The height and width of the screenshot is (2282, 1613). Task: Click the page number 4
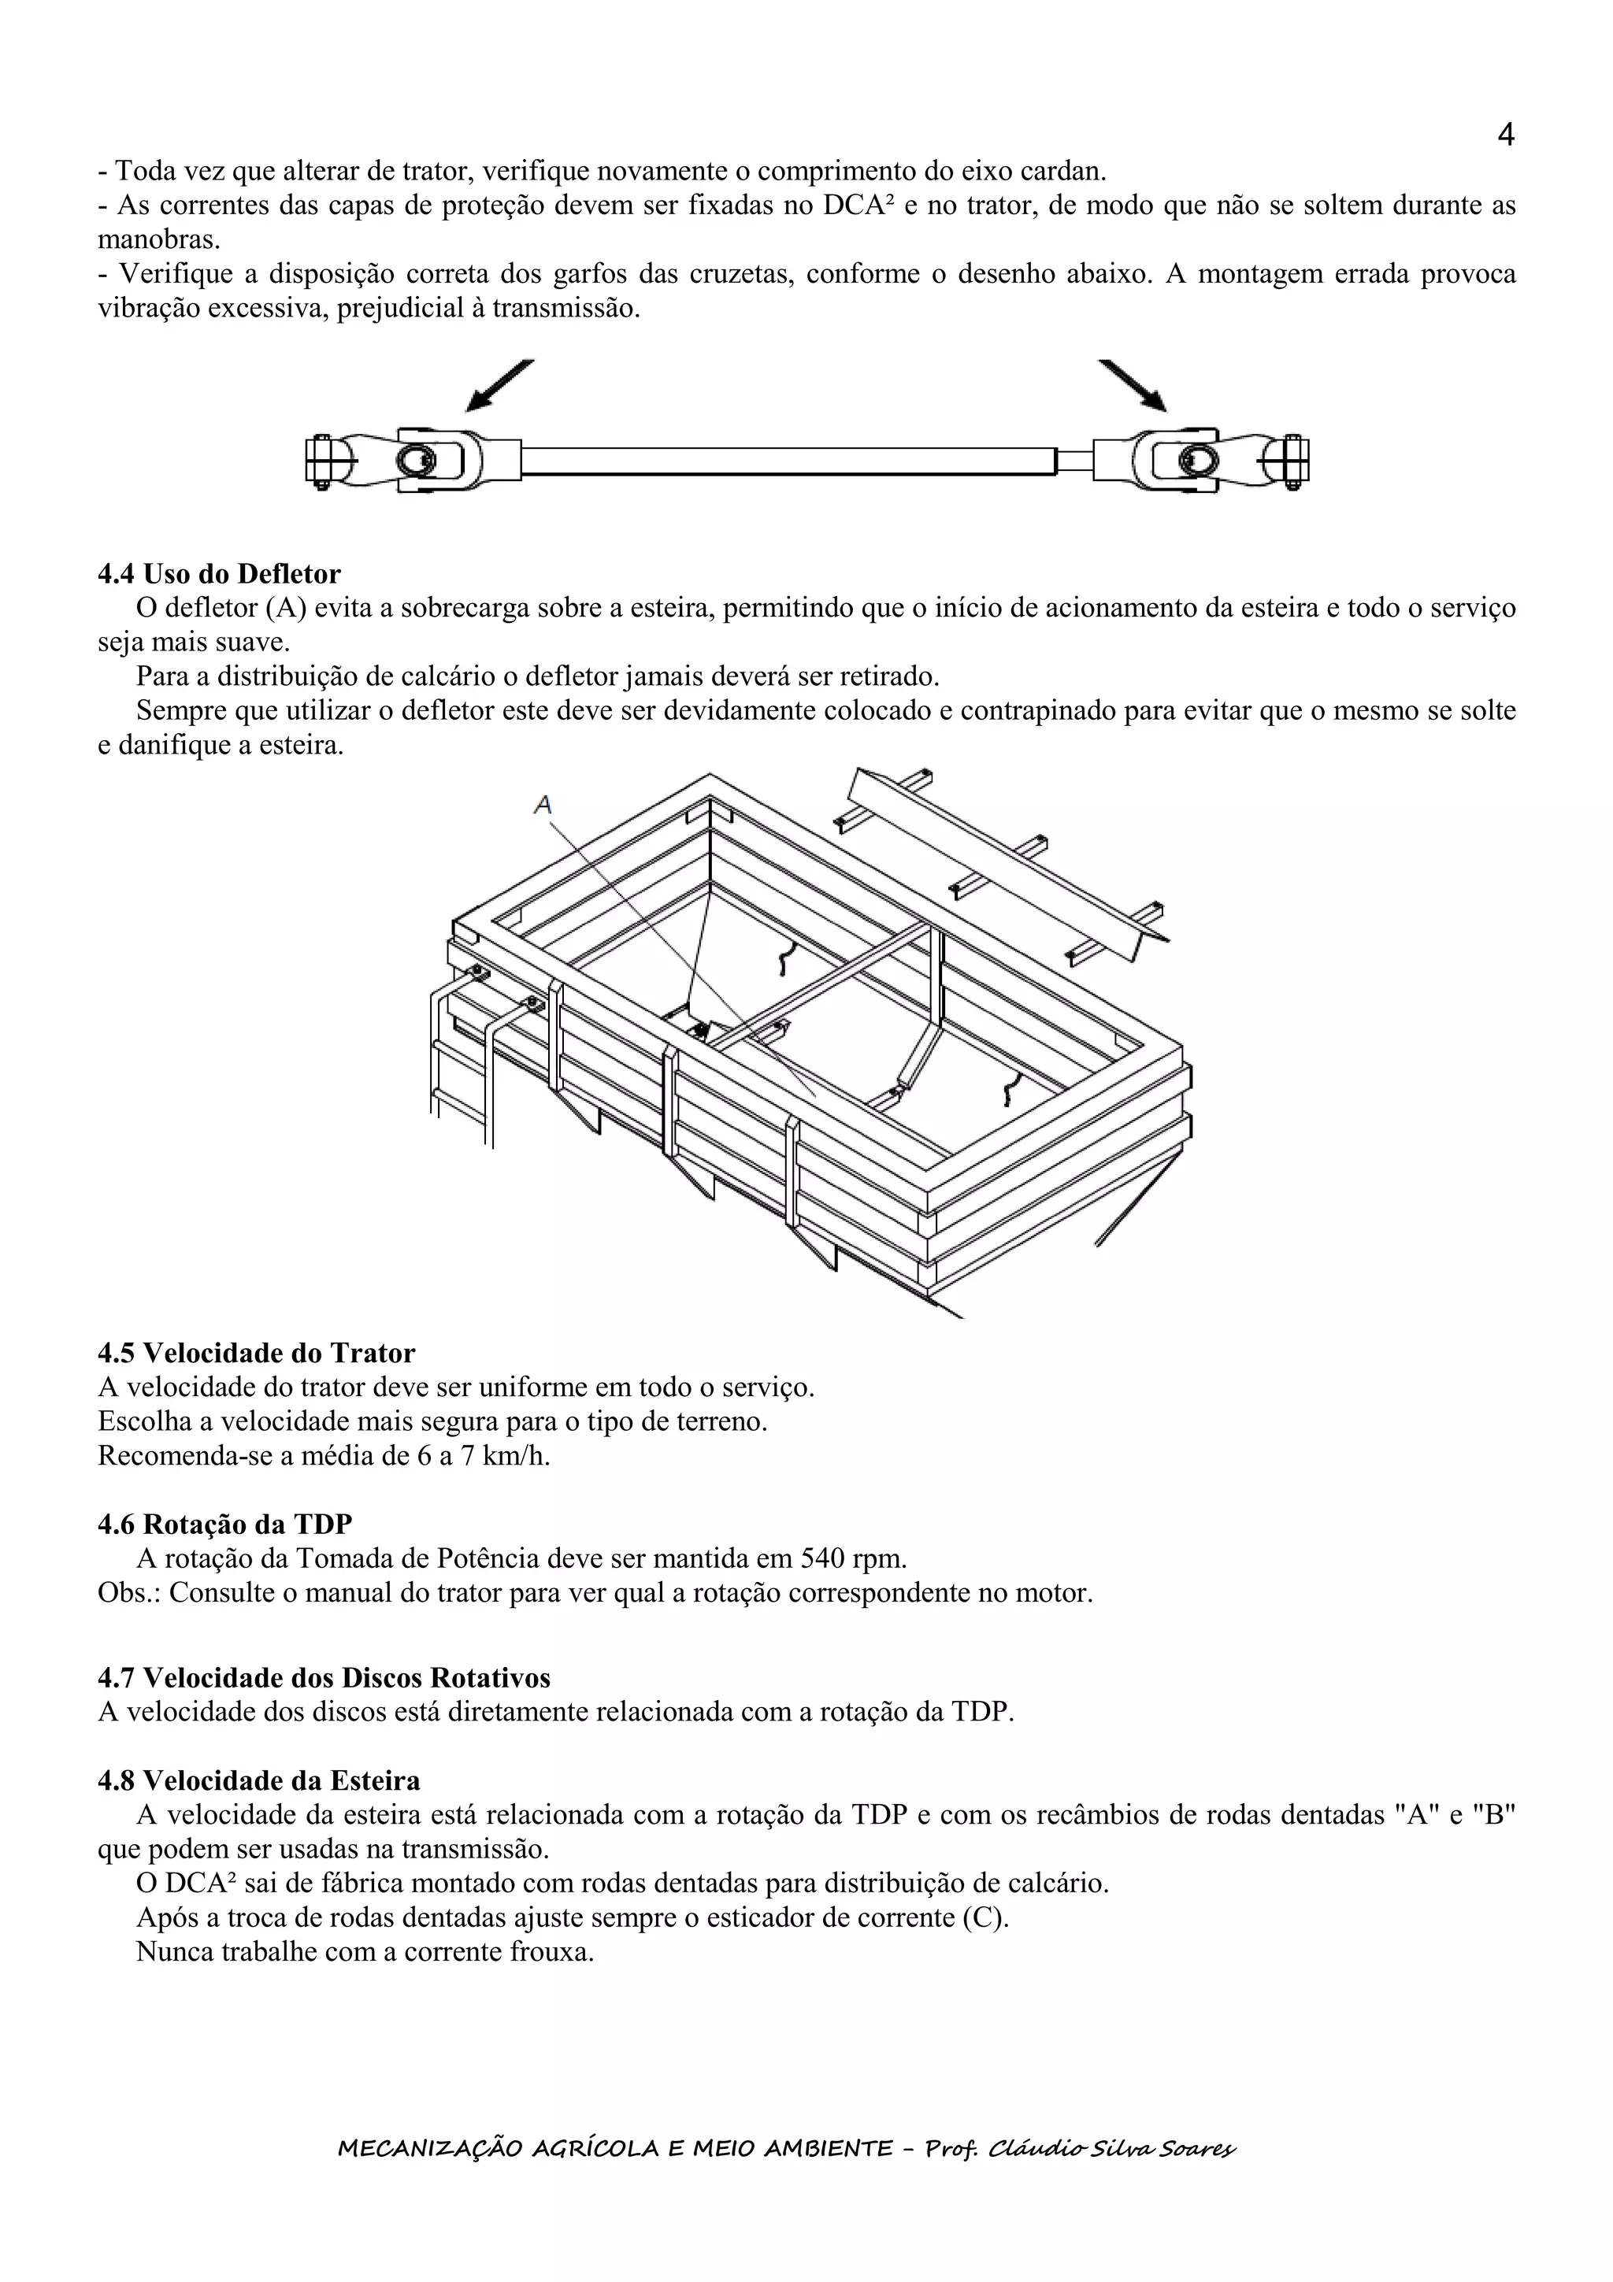pos(1504,135)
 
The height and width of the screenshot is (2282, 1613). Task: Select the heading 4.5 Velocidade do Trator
pos(257,1353)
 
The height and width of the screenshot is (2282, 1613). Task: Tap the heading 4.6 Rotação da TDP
pos(224,1524)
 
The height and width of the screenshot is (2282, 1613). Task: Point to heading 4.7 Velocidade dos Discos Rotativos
pos(324,1678)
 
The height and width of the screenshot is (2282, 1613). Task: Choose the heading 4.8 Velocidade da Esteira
pos(258,1780)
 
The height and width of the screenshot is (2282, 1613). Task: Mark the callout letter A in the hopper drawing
pos(543,805)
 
